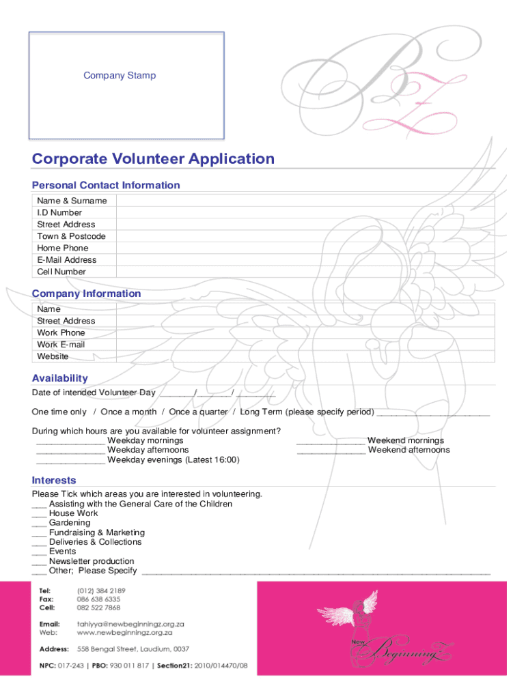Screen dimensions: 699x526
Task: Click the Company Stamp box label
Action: tap(120, 76)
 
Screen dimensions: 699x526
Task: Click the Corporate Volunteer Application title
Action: tap(153, 159)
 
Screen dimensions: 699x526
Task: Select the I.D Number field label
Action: tap(59, 212)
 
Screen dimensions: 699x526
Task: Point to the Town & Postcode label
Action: tap(71, 236)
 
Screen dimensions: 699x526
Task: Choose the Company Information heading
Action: tap(87, 294)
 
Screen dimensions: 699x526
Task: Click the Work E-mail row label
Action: tap(61, 345)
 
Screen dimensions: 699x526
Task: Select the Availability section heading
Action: tap(60, 378)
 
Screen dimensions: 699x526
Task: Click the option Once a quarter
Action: tap(198, 412)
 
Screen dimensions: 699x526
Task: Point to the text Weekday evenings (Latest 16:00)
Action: tap(174, 460)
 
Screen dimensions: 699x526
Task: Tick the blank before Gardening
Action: tap(39, 524)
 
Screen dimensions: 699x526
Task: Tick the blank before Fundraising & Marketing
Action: tap(39, 533)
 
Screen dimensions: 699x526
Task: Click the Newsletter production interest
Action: tap(92, 561)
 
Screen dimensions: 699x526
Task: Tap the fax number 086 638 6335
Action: tap(99, 599)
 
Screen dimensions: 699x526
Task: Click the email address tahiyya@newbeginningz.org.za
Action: tap(131, 624)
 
